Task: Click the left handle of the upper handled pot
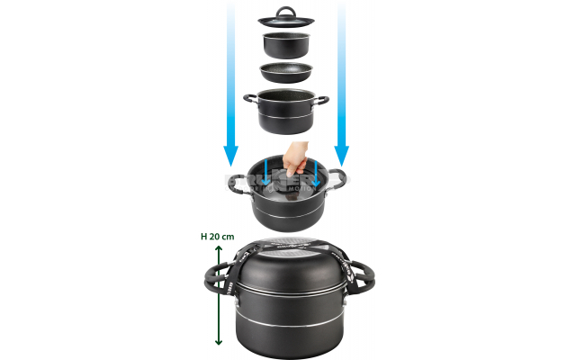click(249, 100)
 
